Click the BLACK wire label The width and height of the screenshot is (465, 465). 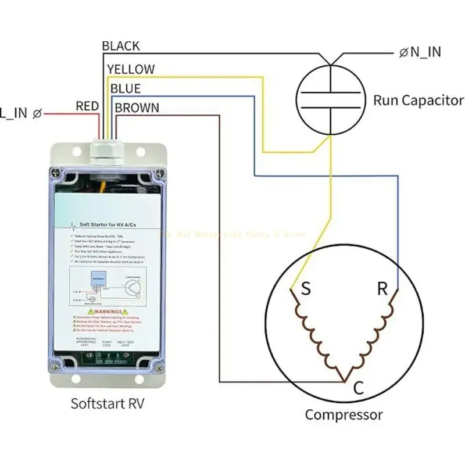(x=120, y=46)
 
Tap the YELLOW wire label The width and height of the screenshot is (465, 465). (x=131, y=69)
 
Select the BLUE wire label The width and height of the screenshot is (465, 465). (x=125, y=89)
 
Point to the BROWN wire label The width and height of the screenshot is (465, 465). (x=137, y=108)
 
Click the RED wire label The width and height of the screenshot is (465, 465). (x=87, y=106)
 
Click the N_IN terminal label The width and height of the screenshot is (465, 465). (x=421, y=52)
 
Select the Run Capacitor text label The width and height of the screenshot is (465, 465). (x=419, y=101)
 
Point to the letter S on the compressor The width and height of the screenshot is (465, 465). (x=305, y=289)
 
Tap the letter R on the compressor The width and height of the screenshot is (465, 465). (x=382, y=289)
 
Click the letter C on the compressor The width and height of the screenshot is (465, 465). (x=359, y=388)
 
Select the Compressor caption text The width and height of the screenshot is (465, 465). (x=344, y=415)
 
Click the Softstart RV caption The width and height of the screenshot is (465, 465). (x=107, y=403)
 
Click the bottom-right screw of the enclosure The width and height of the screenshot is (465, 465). (x=158, y=366)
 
